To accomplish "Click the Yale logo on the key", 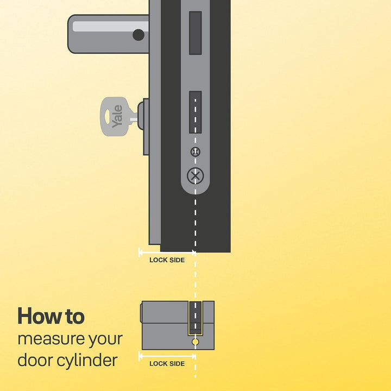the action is tap(117, 116).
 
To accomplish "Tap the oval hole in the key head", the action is tap(107, 116).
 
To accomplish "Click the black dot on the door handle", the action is tap(138, 35).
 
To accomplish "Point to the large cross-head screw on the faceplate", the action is tap(195, 176).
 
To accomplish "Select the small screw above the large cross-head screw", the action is tap(195, 152).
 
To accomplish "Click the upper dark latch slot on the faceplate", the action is tap(195, 33).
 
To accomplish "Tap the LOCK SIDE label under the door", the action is tap(167, 260).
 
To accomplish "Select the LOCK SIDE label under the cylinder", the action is tap(167, 363).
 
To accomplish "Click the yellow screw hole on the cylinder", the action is tap(195, 342).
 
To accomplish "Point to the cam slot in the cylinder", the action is tap(195, 318).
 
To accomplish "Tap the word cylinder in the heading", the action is tap(87, 361).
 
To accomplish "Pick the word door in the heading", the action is tap(35, 361).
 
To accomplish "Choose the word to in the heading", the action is tap(75, 317).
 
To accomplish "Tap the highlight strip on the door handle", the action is tap(110, 26).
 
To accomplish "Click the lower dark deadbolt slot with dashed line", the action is tap(195, 112).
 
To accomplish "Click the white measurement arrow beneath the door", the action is tap(167, 253).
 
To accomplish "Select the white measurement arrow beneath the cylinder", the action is tap(167, 356).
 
